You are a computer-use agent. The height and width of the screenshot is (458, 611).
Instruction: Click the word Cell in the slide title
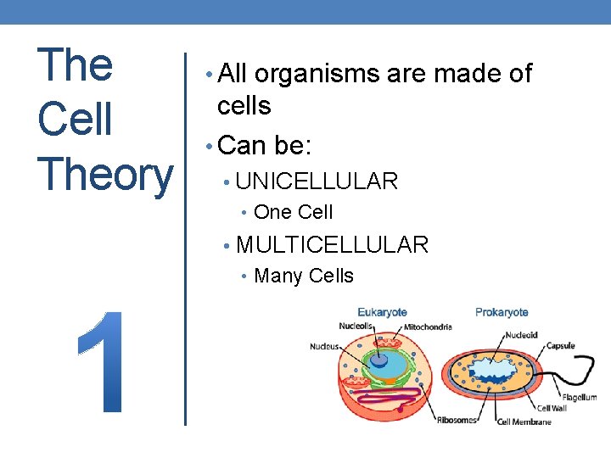pyautogui.click(x=75, y=119)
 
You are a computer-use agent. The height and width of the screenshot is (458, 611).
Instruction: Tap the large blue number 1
pyautogui.click(x=104, y=360)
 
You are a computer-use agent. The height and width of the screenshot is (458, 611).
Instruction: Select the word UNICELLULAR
pyautogui.click(x=317, y=181)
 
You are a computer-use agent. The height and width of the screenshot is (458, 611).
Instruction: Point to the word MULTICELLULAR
pyautogui.click(x=332, y=245)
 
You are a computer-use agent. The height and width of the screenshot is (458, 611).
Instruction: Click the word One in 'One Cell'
pyautogui.click(x=271, y=212)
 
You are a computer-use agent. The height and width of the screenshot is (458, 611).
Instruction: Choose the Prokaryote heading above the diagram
pyautogui.click(x=502, y=312)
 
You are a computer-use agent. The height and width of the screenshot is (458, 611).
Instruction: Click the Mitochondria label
pyautogui.click(x=428, y=327)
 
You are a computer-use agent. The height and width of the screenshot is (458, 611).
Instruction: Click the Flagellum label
pyautogui.click(x=579, y=397)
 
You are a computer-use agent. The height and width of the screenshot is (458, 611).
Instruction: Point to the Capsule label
pyautogui.click(x=560, y=345)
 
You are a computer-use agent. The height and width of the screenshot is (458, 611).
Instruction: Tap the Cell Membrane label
pyautogui.click(x=524, y=422)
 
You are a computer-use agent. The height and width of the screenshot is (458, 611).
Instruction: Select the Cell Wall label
pyautogui.click(x=552, y=408)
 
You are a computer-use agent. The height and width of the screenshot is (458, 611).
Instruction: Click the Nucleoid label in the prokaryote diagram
pyautogui.click(x=519, y=334)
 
